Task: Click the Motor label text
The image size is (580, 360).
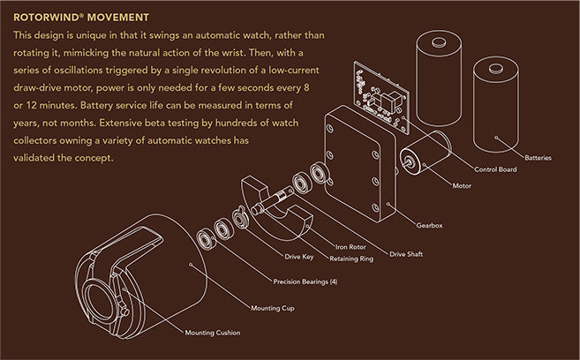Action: tap(461, 186)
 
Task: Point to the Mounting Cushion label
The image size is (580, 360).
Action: tap(213, 332)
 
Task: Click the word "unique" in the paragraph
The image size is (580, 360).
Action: tap(94, 35)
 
